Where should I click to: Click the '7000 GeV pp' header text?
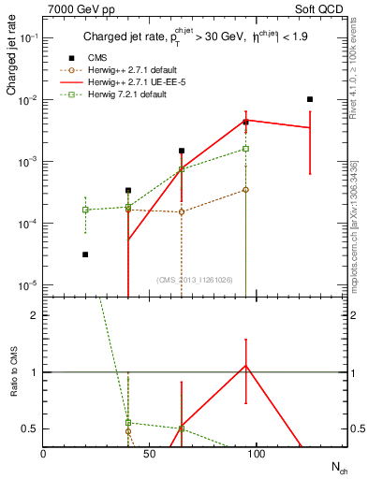(x=78, y=8)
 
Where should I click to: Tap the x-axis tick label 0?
(x=44, y=454)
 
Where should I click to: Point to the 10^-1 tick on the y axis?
(x=29, y=37)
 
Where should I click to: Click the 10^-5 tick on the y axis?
(x=29, y=284)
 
